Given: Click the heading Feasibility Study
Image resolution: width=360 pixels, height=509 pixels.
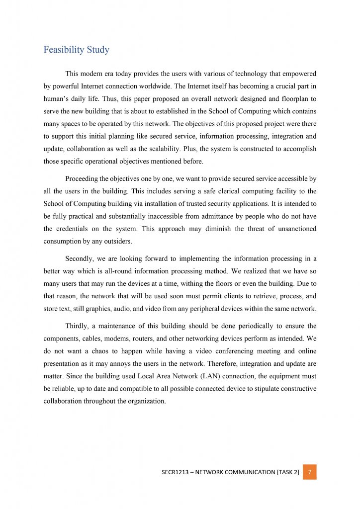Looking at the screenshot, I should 76,50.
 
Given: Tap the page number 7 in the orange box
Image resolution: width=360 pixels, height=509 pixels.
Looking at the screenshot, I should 309,472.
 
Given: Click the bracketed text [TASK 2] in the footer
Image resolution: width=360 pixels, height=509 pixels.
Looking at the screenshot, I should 288,472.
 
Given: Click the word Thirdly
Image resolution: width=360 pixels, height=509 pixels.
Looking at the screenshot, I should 79,326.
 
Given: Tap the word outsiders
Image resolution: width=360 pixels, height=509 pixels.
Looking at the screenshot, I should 116,241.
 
